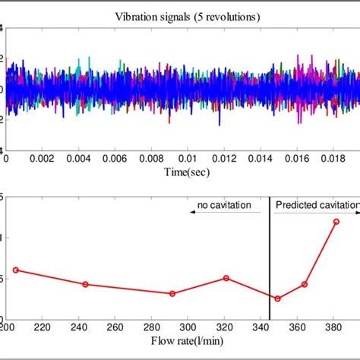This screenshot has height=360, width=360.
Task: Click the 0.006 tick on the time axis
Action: tap(118, 159)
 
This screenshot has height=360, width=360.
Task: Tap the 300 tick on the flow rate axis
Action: tap(185, 327)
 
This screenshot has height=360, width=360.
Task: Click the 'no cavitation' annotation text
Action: tap(222, 205)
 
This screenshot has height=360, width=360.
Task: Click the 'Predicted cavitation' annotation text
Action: tap(317, 205)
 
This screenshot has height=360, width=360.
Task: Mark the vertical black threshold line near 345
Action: tap(270, 258)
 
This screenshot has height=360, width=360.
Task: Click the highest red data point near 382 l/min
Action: tap(336, 221)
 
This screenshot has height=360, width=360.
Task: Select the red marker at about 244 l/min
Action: tap(85, 284)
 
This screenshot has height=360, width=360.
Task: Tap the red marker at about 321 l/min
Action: tap(226, 278)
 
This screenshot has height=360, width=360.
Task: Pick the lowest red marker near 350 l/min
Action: tap(277, 298)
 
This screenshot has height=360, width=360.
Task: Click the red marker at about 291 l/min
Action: tap(172, 293)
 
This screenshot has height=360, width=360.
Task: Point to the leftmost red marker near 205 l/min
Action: tap(15, 270)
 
